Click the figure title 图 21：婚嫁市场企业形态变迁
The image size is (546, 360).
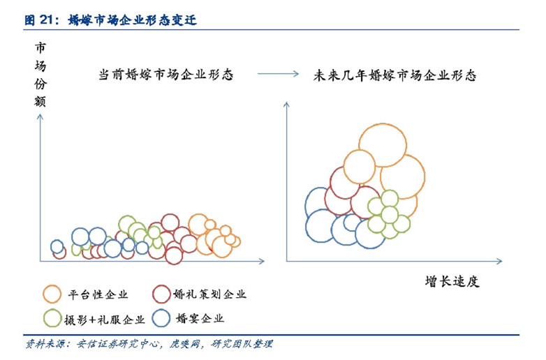110,20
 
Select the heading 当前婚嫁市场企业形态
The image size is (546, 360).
165,75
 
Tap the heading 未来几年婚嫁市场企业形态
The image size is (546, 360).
394,75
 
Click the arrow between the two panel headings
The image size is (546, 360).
278,74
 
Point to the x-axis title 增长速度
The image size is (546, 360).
452,281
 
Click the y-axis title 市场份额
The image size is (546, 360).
40,75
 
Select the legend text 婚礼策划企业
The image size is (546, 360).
209,294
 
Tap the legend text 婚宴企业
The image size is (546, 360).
200,318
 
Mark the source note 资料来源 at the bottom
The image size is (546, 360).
148,344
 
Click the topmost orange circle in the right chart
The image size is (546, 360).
383,123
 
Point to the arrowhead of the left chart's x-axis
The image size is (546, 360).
263,261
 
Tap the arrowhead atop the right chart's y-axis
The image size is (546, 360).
286,104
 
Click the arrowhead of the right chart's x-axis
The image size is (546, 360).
500,261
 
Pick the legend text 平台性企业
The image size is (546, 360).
98,294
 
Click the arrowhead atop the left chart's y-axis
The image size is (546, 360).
40,117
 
